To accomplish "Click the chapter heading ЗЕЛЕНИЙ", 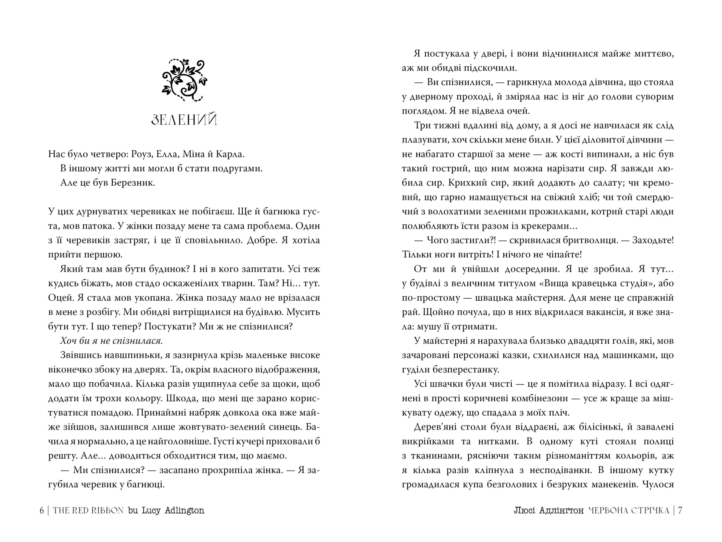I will (184, 120).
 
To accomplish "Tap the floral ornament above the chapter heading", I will (184, 80).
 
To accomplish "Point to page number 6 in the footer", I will (42, 510).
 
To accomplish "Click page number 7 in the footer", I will (680, 510).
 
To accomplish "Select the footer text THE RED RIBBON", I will (88, 510).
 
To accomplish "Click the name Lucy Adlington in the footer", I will (173, 510).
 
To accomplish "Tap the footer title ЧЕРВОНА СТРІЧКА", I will (629, 510).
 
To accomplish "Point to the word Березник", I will (134, 183).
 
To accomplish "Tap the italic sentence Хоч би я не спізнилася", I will (111, 341).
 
